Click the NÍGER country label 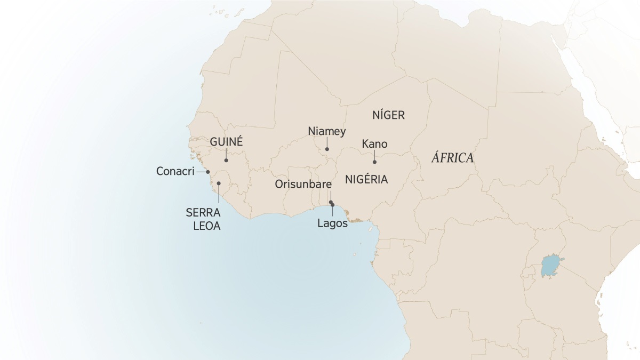click(388, 115)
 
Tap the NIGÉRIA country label click(366, 179)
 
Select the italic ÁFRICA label click(453, 158)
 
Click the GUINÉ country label click(226, 142)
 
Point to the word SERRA click(203, 212)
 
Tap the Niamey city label click(327, 131)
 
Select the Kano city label click(374, 144)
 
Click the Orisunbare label click(303, 185)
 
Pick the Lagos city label click(332, 223)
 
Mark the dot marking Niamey click(327, 149)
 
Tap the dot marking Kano click(374, 162)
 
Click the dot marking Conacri click(208, 172)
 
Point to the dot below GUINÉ click(226, 160)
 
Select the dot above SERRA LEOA click(219, 183)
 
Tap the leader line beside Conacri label click(201, 172)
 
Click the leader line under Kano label click(374, 156)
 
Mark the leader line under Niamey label click(327, 143)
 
